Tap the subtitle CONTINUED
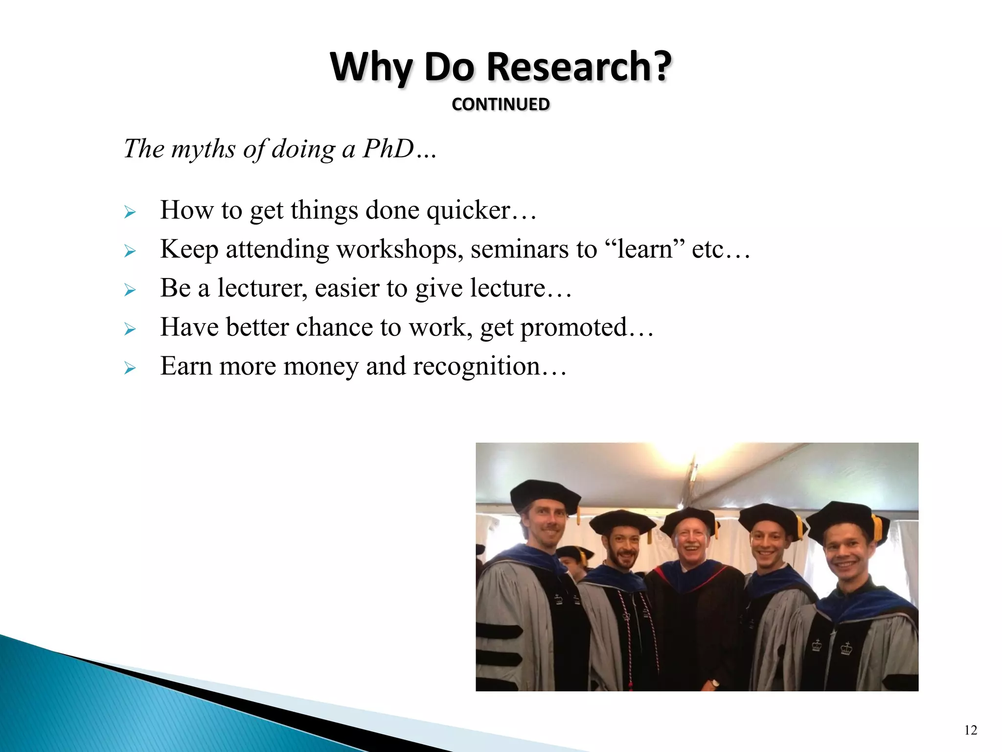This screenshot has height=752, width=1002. [501, 104]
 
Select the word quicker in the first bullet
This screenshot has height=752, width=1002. [468, 211]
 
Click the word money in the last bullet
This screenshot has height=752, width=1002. [320, 366]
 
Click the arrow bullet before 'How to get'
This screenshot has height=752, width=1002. [130, 212]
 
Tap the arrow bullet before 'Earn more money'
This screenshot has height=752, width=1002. [130, 368]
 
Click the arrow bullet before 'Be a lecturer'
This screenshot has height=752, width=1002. [130, 290]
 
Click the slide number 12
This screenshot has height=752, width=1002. [971, 730]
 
